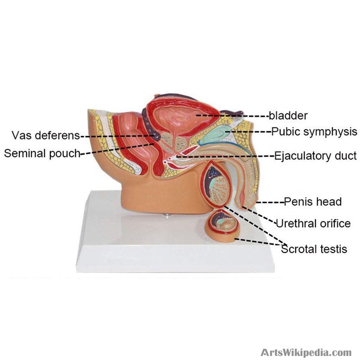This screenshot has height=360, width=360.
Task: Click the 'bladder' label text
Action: [x=288, y=116]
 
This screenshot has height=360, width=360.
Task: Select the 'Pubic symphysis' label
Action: [x=314, y=132]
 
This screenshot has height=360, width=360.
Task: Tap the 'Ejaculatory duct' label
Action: [x=315, y=156]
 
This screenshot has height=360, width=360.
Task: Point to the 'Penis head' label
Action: [x=313, y=202]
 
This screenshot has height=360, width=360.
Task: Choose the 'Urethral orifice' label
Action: [x=313, y=223]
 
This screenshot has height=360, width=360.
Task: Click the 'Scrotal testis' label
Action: [x=314, y=249]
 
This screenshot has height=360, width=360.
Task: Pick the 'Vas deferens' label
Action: [x=46, y=135]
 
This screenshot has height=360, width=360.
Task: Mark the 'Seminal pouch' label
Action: [x=42, y=153]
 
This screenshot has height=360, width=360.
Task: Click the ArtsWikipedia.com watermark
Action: [x=306, y=352]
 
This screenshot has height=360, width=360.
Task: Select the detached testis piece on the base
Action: [x=222, y=226]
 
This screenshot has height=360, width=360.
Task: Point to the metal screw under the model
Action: [x=166, y=215]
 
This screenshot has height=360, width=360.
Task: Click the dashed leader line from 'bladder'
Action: [x=232, y=116]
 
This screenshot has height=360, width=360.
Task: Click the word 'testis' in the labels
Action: [x=333, y=249]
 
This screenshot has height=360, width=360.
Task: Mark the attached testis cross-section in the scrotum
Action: [x=216, y=184]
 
